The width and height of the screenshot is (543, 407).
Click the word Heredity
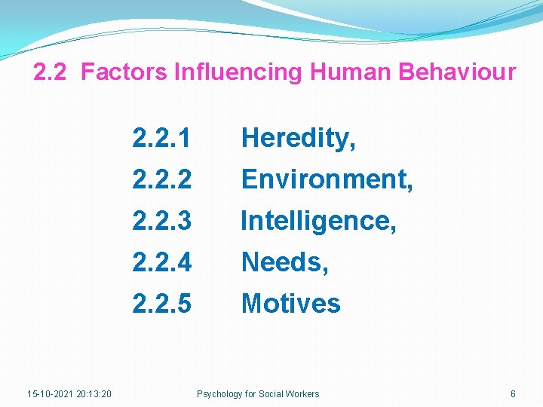[296, 139]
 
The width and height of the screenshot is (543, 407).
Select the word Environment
[324, 179]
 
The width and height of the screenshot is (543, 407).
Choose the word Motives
[290, 304]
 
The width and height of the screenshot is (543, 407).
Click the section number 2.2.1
[161, 139]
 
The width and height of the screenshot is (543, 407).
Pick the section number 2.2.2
[161, 179]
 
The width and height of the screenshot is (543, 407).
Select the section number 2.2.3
[161, 221]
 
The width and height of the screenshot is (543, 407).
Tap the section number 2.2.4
[161, 262]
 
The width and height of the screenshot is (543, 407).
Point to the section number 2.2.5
[161, 304]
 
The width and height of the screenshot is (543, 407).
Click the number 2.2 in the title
[51, 72]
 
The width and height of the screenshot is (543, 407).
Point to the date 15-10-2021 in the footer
[50, 393]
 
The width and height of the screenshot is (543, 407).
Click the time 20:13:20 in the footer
[94, 393]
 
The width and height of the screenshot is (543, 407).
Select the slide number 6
[513, 393]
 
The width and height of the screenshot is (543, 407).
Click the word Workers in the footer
[302, 393]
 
